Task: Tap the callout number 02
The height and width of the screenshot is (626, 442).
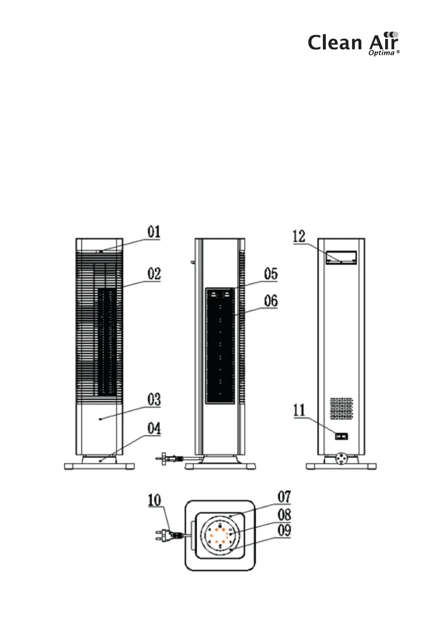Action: pyautogui.click(x=154, y=274)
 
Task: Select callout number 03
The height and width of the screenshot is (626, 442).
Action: pyautogui.click(x=154, y=400)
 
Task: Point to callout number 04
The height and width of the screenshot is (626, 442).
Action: pyautogui.click(x=154, y=429)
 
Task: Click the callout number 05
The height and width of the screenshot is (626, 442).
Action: pyautogui.click(x=271, y=274)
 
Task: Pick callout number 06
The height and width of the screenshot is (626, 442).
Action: pyautogui.click(x=271, y=301)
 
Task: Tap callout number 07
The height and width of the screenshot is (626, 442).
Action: pyautogui.click(x=284, y=497)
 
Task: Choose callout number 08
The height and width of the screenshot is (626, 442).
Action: pyautogui.click(x=284, y=515)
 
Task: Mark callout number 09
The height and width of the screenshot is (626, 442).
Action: pyautogui.click(x=284, y=530)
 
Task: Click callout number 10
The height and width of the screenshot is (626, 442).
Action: pyautogui.click(x=154, y=500)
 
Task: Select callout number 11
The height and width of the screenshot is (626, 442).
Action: pyautogui.click(x=299, y=410)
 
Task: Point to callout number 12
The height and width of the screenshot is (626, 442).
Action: pyautogui.click(x=299, y=236)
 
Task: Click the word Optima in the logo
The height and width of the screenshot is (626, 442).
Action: pyautogui.click(x=382, y=53)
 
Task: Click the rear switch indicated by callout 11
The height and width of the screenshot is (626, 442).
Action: pyautogui.click(x=341, y=436)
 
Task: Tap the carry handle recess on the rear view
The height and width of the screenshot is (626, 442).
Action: pyautogui.click(x=341, y=257)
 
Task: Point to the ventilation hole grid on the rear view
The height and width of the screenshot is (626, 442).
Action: pyautogui.click(x=341, y=408)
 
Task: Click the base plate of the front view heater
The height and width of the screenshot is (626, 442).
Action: pyautogui.click(x=99, y=466)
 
